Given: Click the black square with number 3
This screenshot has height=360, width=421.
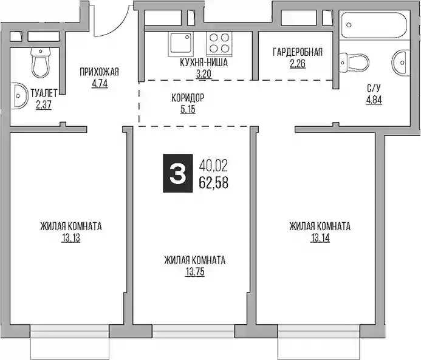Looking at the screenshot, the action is click(x=178, y=173).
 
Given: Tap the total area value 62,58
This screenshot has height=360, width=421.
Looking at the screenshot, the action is click(x=213, y=183).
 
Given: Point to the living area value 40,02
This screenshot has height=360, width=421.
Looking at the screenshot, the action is click(x=213, y=166).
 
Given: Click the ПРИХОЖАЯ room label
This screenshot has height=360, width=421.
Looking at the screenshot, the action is click(x=99, y=72).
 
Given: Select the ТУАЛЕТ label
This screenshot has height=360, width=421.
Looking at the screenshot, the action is click(x=44, y=93).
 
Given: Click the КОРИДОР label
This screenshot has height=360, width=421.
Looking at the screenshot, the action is click(x=188, y=98).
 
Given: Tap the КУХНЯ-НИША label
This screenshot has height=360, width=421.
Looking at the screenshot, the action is click(x=204, y=63).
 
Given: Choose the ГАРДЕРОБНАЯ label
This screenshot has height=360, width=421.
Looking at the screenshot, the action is click(x=298, y=52).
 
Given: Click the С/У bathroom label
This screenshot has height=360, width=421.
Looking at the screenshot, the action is click(x=374, y=87).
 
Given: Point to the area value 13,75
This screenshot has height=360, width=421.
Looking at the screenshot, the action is click(x=195, y=272).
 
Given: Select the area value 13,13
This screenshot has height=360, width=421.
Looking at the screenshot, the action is click(x=71, y=238).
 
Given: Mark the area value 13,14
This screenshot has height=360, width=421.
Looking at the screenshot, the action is click(x=320, y=238).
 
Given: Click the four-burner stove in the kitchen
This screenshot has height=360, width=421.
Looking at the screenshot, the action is click(x=219, y=44).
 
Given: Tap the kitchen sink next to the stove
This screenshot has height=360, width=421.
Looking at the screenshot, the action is click(x=180, y=44).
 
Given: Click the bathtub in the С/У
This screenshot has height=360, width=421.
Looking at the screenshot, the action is click(x=375, y=25).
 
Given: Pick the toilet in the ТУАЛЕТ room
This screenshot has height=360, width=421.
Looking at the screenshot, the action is click(x=41, y=63).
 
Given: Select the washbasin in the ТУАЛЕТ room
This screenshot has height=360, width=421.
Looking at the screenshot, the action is click(x=19, y=96).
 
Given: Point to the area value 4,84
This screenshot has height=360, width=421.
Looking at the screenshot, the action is click(x=374, y=100).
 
